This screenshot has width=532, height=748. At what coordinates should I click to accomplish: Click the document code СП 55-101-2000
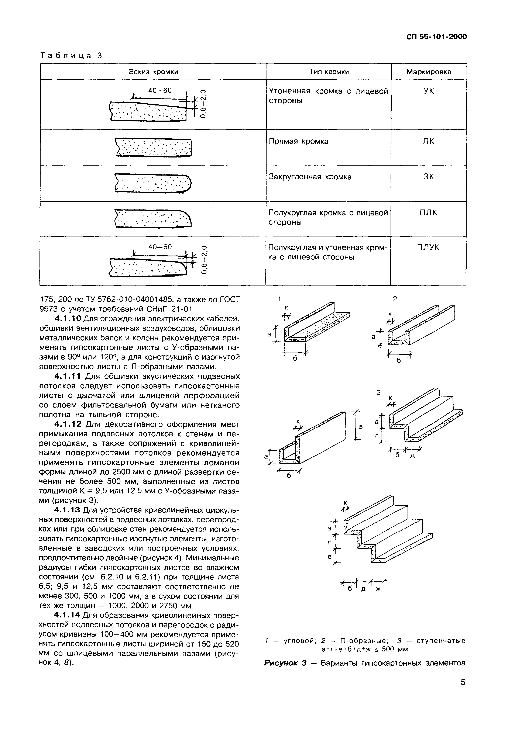[436, 37]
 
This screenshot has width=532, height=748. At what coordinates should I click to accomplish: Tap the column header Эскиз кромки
[153, 72]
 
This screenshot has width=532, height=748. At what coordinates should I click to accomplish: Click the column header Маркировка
[429, 72]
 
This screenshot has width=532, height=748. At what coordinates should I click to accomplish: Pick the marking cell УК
[429, 91]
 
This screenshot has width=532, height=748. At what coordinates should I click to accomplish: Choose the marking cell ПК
[429, 141]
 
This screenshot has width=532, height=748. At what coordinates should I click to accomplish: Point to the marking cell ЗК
[429, 177]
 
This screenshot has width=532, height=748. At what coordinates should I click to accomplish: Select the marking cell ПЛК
[429, 213]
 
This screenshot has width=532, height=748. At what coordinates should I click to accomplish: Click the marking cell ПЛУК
[429, 247]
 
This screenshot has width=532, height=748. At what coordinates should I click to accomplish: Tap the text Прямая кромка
[298, 141]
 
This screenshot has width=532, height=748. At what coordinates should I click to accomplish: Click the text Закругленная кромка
[310, 177]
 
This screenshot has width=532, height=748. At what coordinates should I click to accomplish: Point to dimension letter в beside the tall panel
[361, 427]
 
